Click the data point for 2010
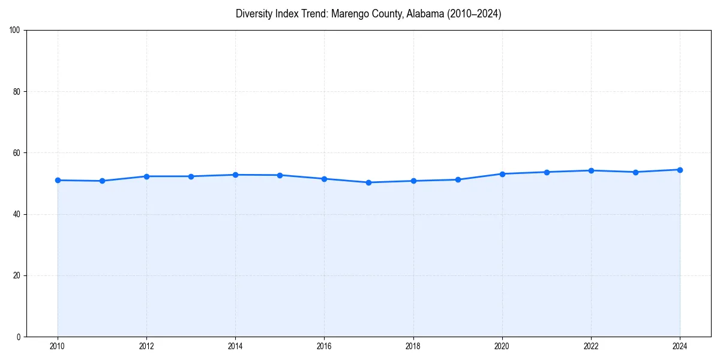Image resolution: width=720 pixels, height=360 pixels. coord(58,180)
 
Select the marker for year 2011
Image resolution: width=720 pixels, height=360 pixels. coord(102,181)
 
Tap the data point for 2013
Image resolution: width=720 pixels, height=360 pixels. coord(191,176)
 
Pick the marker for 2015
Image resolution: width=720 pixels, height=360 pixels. coord(280,175)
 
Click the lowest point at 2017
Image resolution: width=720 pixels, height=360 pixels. coord(368,182)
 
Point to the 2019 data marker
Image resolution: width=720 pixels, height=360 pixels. coord(458,179)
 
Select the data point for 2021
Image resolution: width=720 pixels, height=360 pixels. coord(547,172)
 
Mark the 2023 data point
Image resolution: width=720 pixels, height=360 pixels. coord(635,172)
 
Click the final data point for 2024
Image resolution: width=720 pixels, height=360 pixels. coord(680,170)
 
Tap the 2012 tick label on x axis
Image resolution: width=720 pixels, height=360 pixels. coord(146,346)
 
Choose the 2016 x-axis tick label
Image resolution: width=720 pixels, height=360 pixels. coord(324,346)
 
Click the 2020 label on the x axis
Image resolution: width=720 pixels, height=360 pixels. coord(502,346)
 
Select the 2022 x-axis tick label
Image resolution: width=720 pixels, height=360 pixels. coord(591,346)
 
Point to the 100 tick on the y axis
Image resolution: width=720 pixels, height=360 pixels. coord(16,30)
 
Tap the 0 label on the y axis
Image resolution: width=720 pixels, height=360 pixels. coord(19,337)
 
